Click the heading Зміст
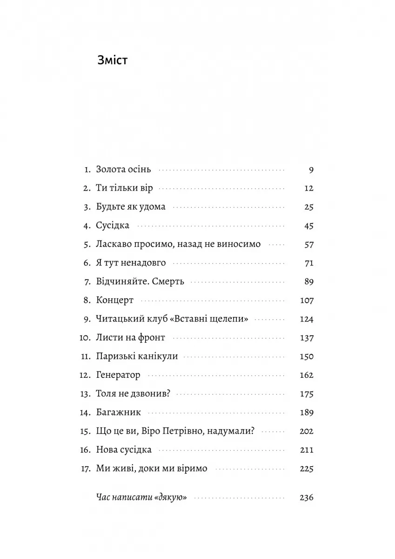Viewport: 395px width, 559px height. pyautogui.click(x=112, y=61)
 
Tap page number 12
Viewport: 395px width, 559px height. pyautogui.click(x=308, y=188)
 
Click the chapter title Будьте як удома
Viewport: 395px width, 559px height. pyautogui.click(x=131, y=207)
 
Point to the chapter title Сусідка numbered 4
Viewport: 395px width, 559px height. pyautogui.click(x=113, y=225)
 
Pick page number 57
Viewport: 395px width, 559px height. pyautogui.click(x=308, y=244)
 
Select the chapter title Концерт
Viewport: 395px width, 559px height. pyautogui.click(x=114, y=300)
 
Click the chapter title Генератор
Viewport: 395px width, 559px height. pyautogui.click(x=118, y=375)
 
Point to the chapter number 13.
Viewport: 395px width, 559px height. pyautogui.click(x=85, y=394)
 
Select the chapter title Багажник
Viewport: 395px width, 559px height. pyautogui.click(x=118, y=413)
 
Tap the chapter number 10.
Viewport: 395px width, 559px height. pyautogui.click(x=85, y=338)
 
